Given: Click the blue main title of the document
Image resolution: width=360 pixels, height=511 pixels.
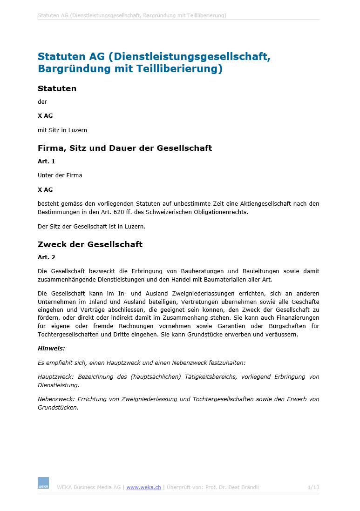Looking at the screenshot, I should tap(154, 63).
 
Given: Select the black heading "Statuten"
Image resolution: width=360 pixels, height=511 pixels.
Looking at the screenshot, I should tap(57, 88).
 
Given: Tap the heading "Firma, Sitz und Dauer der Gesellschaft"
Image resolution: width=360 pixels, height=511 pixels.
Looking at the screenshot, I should tap(124, 148).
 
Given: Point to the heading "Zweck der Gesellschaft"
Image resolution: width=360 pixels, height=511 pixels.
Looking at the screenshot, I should tap(90, 244).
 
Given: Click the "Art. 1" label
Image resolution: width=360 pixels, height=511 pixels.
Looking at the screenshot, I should tap(46, 161).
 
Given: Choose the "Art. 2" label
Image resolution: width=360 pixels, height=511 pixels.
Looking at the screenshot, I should tap(46, 257).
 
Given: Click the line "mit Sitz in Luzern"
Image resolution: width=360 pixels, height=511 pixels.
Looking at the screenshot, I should tap(62, 130).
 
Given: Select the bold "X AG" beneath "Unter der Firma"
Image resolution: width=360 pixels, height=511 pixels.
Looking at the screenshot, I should tap(45, 190).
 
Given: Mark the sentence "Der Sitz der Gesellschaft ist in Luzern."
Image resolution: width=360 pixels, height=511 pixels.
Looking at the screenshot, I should tap(91, 227).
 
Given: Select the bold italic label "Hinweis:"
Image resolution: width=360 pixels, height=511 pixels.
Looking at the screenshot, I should tap(51, 348).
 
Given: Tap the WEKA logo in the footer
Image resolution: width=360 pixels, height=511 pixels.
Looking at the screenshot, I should tap(43, 483).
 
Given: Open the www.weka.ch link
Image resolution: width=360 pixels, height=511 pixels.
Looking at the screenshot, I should tap(143, 487).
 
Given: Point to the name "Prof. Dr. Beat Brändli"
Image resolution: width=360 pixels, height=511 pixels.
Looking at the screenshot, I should tap(231, 487).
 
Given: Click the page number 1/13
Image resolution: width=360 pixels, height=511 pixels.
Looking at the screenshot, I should tap(313, 487).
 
